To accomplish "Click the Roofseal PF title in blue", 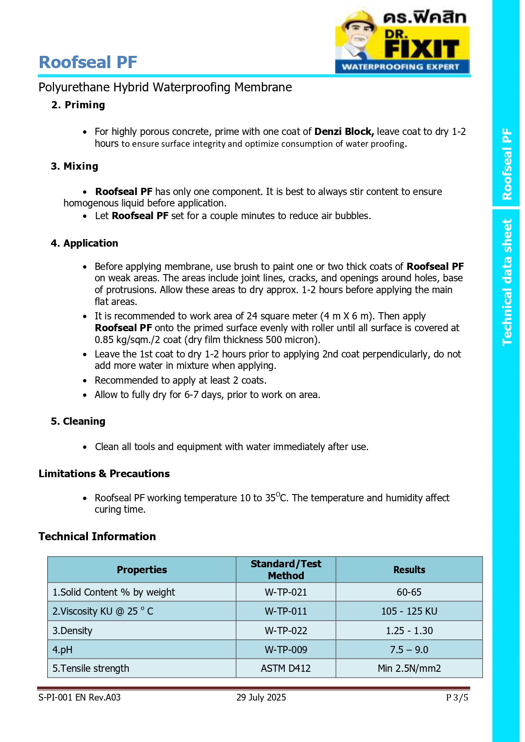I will pyautogui.click(x=88, y=62).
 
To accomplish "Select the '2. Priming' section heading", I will pyautogui.click(x=78, y=105).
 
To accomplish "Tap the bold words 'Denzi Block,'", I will pyautogui.click(x=344, y=132).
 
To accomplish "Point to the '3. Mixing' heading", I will pyautogui.click(x=74, y=166).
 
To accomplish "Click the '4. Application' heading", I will pyautogui.click(x=85, y=243).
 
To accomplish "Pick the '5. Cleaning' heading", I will pyautogui.click(x=78, y=421).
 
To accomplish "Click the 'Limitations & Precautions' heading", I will pyautogui.click(x=104, y=474).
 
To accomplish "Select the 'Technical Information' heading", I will pyautogui.click(x=97, y=536).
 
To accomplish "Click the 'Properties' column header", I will pyautogui.click(x=142, y=570).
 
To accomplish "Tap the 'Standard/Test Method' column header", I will pyautogui.click(x=286, y=570).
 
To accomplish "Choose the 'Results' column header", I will pyautogui.click(x=409, y=570).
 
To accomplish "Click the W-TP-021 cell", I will pyautogui.click(x=286, y=592).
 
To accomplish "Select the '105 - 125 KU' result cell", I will pyautogui.click(x=409, y=611).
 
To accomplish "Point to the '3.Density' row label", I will pyautogui.click(x=72, y=631).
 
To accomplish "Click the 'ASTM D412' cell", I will pyautogui.click(x=286, y=668).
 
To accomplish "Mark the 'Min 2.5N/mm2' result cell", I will pyautogui.click(x=409, y=668).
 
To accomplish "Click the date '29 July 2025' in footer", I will pyautogui.click(x=261, y=698).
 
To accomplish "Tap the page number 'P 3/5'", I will pyautogui.click(x=457, y=698).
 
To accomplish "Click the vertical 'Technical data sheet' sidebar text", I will pyautogui.click(x=507, y=282).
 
